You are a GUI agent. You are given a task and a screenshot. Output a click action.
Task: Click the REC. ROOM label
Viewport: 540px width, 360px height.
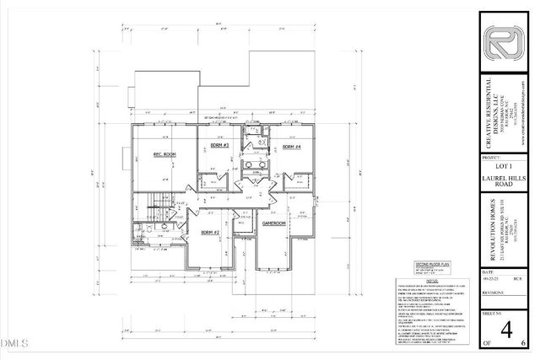(163, 155)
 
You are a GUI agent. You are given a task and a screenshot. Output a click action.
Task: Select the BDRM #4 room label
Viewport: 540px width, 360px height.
(292, 147)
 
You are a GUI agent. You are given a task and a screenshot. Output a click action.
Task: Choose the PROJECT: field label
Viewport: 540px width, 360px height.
(489, 158)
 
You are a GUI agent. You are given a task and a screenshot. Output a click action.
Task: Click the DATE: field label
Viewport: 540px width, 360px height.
(488, 272)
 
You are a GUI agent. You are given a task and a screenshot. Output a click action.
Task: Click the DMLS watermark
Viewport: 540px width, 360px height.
(14, 344)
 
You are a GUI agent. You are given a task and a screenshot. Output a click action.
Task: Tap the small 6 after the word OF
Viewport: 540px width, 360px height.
(523, 344)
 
